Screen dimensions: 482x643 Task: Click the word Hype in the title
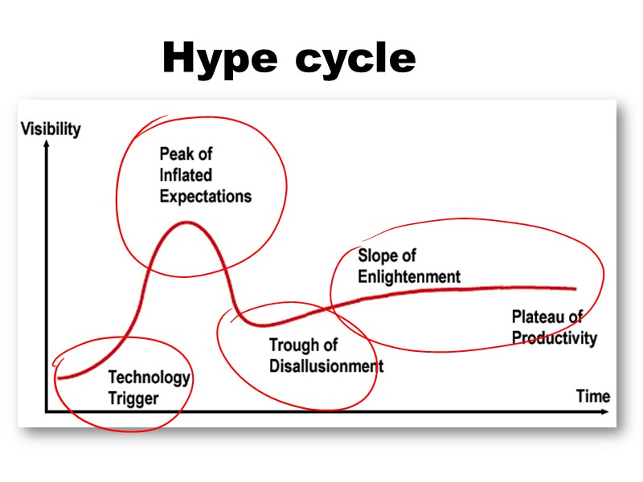pyautogui.click(x=219, y=59)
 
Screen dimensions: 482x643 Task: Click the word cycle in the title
pyautogui.click(x=354, y=59)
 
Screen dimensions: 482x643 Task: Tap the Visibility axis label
pyautogui.click(x=51, y=129)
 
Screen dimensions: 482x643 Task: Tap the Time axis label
pyautogui.click(x=592, y=396)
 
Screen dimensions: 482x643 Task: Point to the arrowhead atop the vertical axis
pyautogui.click(x=47, y=144)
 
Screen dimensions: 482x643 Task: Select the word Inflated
pyautogui.click(x=186, y=175)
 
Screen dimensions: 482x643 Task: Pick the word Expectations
pyautogui.click(x=205, y=196)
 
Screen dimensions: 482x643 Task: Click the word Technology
pyautogui.click(x=149, y=377)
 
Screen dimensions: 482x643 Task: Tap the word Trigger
pyautogui.click(x=133, y=398)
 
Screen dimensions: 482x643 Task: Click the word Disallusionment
pyautogui.click(x=326, y=366)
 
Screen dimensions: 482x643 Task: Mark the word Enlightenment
pyautogui.click(x=409, y=277)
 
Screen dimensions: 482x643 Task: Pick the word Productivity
pyautogui.click(x=554, y=337)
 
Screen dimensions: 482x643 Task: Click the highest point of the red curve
pyautogui.click(x=186, y=222)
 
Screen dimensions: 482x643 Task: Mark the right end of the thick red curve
pyautogui.click(x=575, y=288)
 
